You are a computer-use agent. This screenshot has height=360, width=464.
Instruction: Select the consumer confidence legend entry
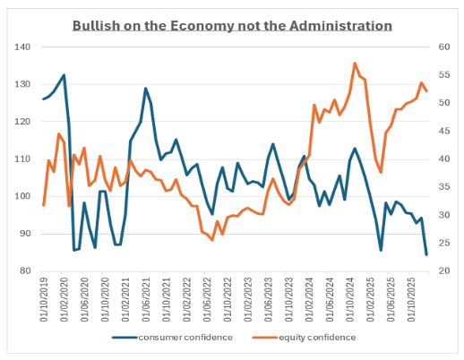pyautogui.click(x=173, y=338)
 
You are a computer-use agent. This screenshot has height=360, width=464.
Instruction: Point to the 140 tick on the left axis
pyautogui.click(x=23, y=47)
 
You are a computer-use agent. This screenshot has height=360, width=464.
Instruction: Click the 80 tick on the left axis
pyautogui.click(x=26, y=270)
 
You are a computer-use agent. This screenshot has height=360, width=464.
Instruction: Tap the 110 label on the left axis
pyautogui.click(x=23, y=159)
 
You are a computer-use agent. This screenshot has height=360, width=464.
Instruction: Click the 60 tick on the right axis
pyautogui.click(x=442, y=47)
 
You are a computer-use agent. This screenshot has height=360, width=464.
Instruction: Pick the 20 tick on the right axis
pyautogui.click(x=442, y=270)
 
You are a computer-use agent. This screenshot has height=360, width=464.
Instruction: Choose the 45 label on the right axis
pyautogui.click(x=442, y=131)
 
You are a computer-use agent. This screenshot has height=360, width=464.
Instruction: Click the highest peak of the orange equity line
pyautogui.click(x=355, y=64)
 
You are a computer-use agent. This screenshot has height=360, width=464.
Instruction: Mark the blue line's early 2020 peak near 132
pyautogui.click(x=64, y=75)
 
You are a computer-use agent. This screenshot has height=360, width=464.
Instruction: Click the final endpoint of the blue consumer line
pyautogui.click(x=426, y=254)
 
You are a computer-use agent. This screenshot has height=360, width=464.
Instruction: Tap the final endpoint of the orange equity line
pyautogui.click(x=426, y=90)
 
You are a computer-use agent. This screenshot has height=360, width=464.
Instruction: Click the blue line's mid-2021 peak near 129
pyautogui.click(x=146, y=88)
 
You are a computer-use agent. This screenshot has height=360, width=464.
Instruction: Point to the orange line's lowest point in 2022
pyautogui.click(x=212, y=240)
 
